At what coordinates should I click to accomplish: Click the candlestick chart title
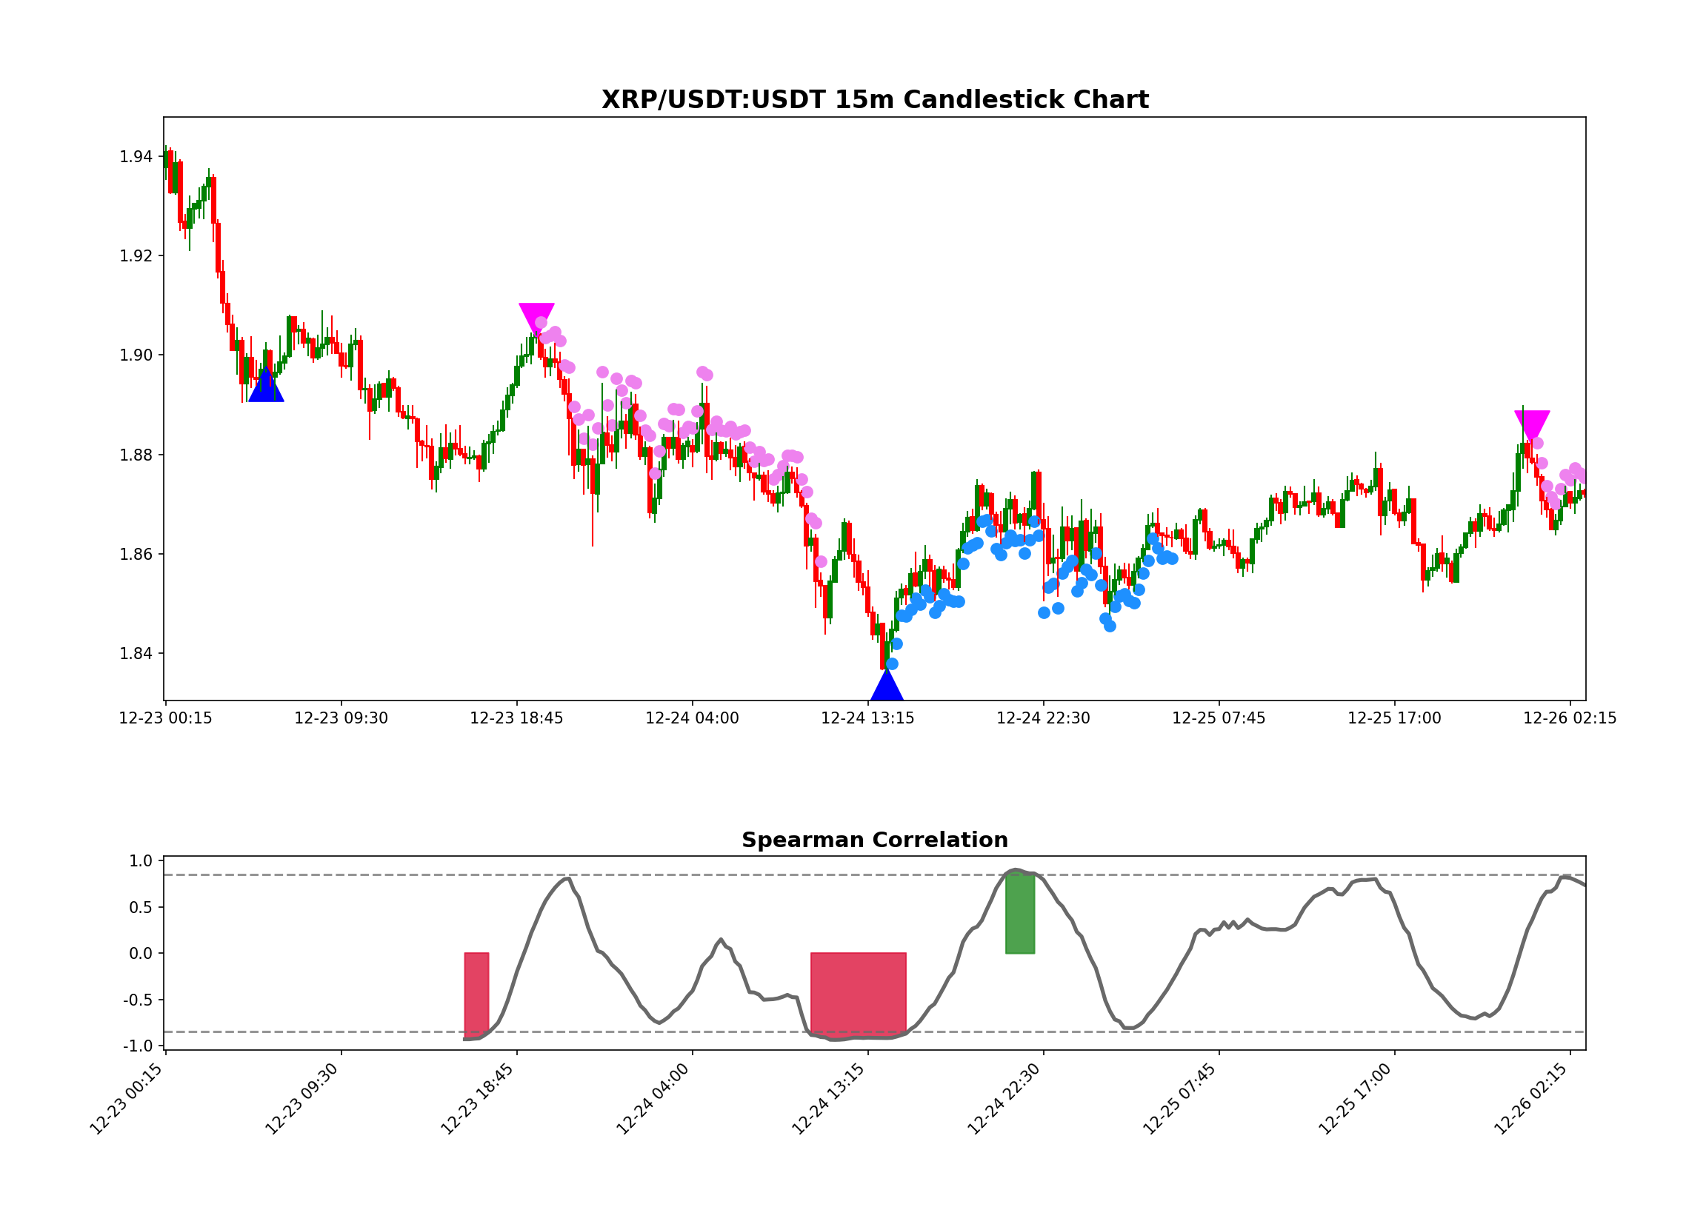point(875,100)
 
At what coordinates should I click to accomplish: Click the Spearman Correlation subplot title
point(875,840)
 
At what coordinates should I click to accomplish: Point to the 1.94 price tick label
point(136,157)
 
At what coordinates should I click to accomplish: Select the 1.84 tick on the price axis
point(136,653)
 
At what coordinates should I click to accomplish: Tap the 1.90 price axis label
point(136,355)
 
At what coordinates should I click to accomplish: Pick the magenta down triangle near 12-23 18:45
point(536,315)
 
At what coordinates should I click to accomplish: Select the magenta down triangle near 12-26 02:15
point(1532,424)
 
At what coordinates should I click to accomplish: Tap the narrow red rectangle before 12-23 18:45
point(476,994)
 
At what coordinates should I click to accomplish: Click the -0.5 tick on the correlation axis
point(137,1000)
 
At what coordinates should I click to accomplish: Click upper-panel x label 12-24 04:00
point(692,719)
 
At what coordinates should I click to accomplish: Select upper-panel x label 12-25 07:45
point(1219,719)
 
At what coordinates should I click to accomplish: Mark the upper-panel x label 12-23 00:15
point(165,719)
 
